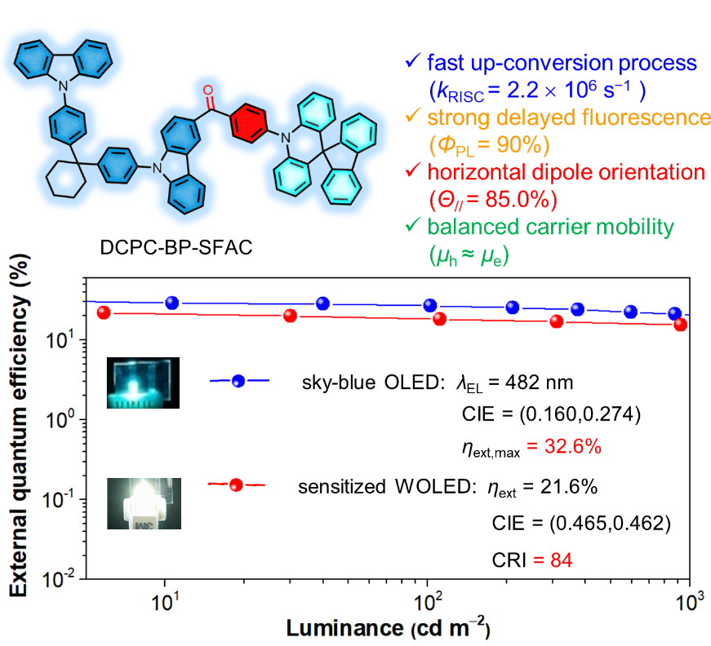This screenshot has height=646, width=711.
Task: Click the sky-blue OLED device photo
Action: click(144, 381)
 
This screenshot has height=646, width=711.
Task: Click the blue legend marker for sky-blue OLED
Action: click(238, 381)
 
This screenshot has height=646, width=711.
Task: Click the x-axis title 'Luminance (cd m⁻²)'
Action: click(387, 630)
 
